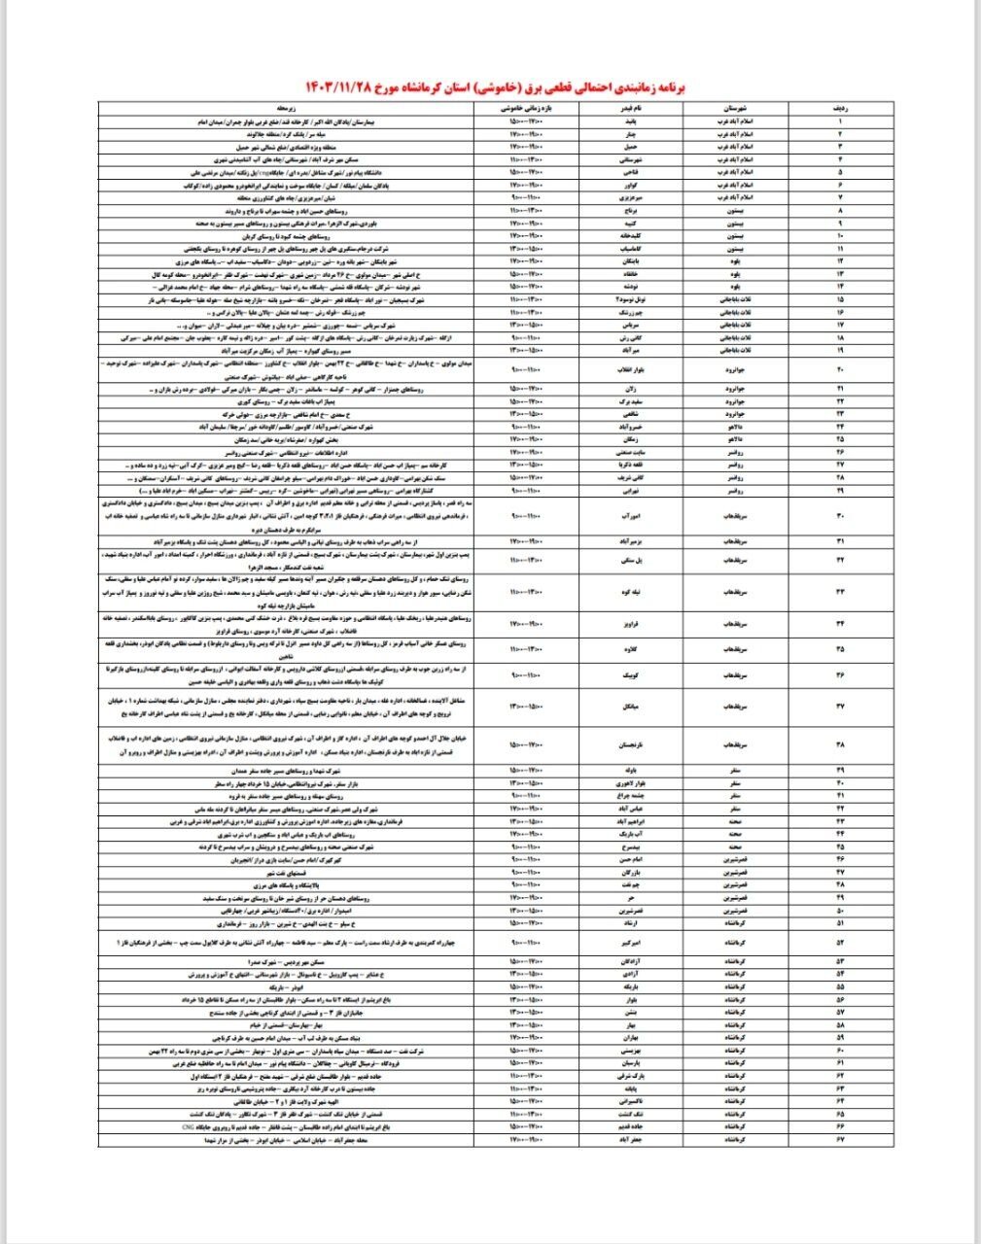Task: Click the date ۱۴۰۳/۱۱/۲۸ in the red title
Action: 349,87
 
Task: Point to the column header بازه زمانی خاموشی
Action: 529,111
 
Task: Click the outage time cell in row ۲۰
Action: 529,369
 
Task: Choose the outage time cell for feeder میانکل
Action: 529,706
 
